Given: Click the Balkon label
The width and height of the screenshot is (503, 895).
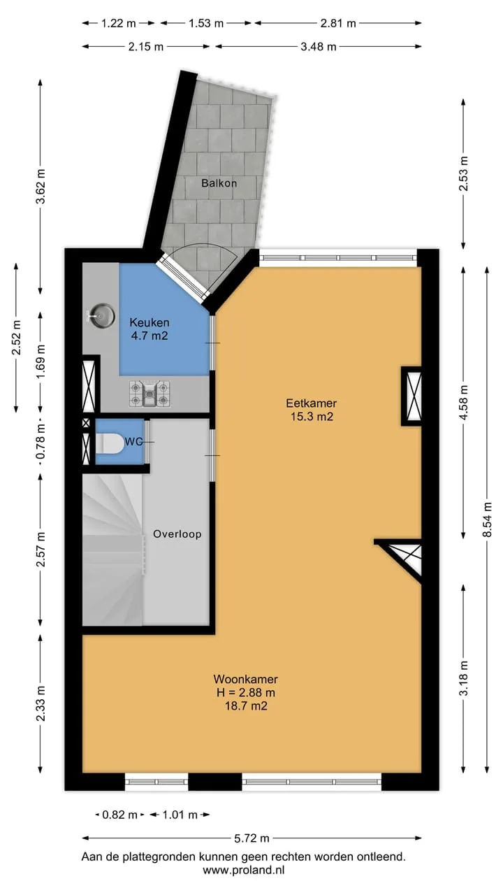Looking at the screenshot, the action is (219, 183).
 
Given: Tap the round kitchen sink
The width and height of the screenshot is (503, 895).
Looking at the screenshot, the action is (102, 315).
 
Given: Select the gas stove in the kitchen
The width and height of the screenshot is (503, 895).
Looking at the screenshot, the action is (150, 394).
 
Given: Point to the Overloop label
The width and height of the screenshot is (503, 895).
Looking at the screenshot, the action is (177, 534).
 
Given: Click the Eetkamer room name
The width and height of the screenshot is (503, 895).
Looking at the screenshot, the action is (312, 403).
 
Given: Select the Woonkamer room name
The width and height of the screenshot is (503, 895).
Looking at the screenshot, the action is (245, 679).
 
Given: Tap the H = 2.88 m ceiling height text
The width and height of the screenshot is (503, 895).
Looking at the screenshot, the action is (245, 692).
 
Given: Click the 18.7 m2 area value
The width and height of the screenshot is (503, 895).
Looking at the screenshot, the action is (246, 706).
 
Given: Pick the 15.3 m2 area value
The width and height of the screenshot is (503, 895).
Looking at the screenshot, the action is (312, 417).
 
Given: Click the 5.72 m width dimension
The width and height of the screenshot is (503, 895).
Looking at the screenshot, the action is (251, 838).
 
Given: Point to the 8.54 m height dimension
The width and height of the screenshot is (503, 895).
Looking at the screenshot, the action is (487, 520).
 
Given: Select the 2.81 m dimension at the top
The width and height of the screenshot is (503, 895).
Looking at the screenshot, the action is (338, 23).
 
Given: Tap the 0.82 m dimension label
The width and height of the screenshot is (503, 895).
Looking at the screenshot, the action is (119, 815).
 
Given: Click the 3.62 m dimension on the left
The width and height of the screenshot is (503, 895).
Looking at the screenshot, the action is (41, 187).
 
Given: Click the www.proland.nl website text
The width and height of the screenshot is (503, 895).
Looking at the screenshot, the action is (244, 870).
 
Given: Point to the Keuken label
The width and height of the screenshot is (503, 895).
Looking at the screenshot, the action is (150, 322).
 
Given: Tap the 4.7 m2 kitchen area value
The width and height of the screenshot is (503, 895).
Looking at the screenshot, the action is (150, 336).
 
